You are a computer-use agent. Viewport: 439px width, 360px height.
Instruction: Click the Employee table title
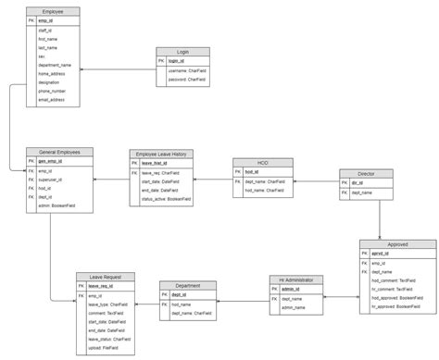tap(54, 10)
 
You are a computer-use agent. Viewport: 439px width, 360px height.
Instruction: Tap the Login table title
tap(182, 52)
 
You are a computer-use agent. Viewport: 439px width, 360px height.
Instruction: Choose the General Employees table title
tap(59, 151)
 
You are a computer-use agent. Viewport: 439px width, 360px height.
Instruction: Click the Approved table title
tap(397, 243)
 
